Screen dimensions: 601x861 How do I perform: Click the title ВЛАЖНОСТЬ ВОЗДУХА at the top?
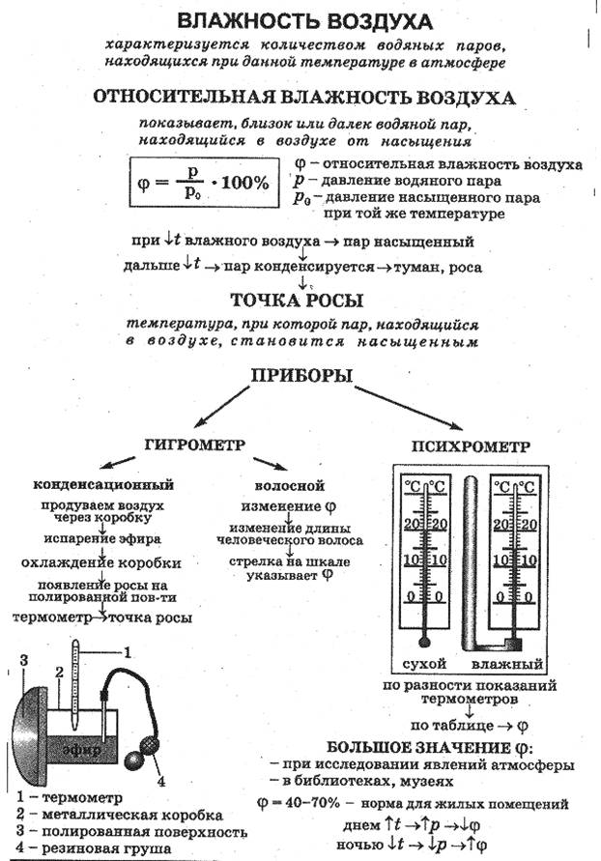pos(305,21)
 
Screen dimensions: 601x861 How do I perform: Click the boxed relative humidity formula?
pos(204,183)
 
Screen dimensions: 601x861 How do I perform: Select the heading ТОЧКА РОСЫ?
pos(297,301)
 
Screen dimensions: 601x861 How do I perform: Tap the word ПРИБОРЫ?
pos(301,376)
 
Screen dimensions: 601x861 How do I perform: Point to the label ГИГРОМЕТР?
pos(195,445)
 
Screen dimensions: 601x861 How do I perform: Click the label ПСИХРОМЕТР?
pos(471,446)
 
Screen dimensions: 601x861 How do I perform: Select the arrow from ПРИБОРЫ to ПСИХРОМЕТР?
pos(409,408)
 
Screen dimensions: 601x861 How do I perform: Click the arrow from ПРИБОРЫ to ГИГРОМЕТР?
pos(221,406)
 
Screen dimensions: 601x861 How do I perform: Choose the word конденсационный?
pos(103,484)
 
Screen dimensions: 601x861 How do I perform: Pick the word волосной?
pos(289,486)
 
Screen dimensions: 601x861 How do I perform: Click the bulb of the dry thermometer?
pos(423,642)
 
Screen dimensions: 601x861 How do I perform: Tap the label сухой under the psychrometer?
pos(424,663)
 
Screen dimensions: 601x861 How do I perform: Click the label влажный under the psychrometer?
pos(507,664)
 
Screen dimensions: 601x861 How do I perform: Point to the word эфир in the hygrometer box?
pos(81,750)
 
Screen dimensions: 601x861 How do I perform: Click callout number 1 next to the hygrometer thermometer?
pos(128,652)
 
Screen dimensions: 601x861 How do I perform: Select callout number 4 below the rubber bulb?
pos(160,782)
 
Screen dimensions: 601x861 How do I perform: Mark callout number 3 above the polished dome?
pos(23,660)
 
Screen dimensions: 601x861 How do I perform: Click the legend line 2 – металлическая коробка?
pos(120,815)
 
